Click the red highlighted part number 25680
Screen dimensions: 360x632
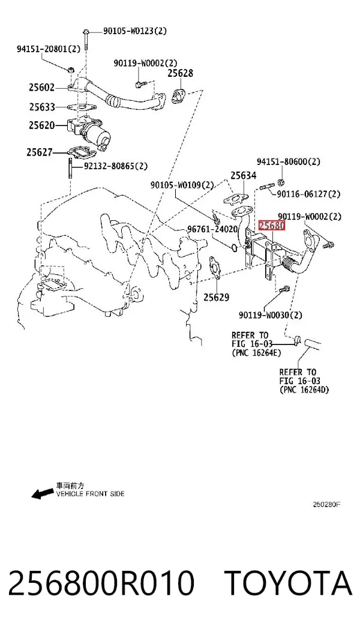click(272, 225)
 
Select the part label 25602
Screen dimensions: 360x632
click(41, 87)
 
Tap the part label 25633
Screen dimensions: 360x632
click(42, 107)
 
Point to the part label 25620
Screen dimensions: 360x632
click(41, 125)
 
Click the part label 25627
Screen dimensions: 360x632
click(40, 152)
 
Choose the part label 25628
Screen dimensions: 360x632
click(180, 73)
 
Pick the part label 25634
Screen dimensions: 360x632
click(243, 175)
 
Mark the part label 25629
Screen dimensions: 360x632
click(216, 298)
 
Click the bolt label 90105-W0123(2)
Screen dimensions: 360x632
click(135, 31)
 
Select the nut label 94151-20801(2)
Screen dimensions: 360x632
click(49, 49)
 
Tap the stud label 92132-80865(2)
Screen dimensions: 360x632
click(116, 166)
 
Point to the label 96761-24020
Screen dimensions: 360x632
click(212, 229)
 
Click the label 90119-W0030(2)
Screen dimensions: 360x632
click(271, 314)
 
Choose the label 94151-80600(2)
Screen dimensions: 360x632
click(289, 161)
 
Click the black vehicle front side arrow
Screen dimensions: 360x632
click(43, 493)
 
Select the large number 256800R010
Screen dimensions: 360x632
click(101, 583)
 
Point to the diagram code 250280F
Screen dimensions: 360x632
click(327, 504)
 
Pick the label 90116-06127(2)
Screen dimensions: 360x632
click(308, 194)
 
